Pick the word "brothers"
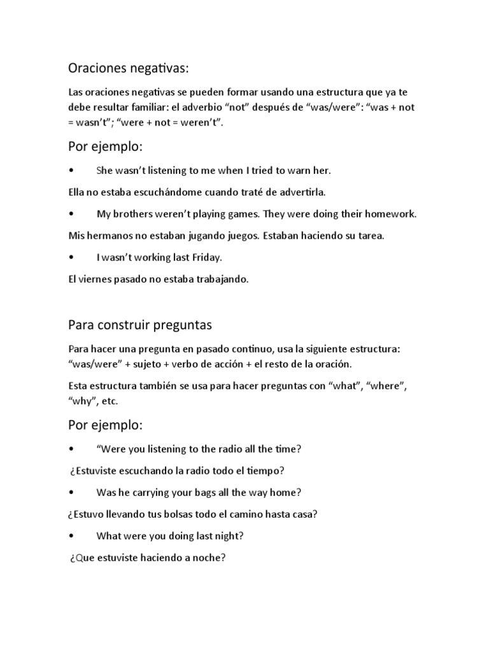point(133,214)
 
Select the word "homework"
point(390,214)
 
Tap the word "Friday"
point(205,257)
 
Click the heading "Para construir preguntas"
point(140,325)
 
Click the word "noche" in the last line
point(207,558)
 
